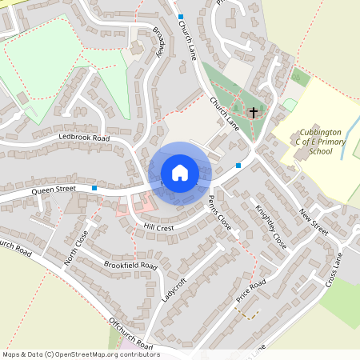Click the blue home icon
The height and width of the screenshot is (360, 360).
[x=179, y=173]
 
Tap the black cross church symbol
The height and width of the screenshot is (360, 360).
[x=254, y=113]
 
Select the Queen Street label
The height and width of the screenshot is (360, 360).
[x=54, y=190]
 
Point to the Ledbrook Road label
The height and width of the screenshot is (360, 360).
[x=83, y=138]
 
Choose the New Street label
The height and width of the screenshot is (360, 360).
[x=314, y=220]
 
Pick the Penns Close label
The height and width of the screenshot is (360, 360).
[x=219, y=214]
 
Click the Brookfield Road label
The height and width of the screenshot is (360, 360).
[x=130, y=265]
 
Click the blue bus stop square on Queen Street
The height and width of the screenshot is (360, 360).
[x=94, y=188]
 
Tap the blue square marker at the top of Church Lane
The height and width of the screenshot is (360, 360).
[x=181, y=17]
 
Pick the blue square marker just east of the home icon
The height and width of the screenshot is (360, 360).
[x=238, y=166]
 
